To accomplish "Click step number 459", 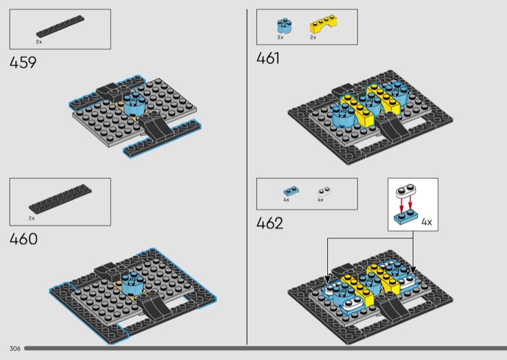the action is (x=23, y=63).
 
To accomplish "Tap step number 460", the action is (x=23, y=239).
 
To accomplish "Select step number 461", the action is (x=268, y=59).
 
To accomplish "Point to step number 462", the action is (x=269, y=223).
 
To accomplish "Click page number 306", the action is (x=15, y=349).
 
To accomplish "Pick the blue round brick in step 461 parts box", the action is (x=283, y=25).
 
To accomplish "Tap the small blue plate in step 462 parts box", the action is (x=291, y=191).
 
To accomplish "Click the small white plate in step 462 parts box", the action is (x=324, y=190).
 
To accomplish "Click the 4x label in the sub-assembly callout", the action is (x=427, y=222).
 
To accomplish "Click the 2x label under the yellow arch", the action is (x=313, y=38).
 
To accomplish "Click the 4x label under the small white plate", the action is (x=320, y=200).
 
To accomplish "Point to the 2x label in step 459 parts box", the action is (x=39, y=41).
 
